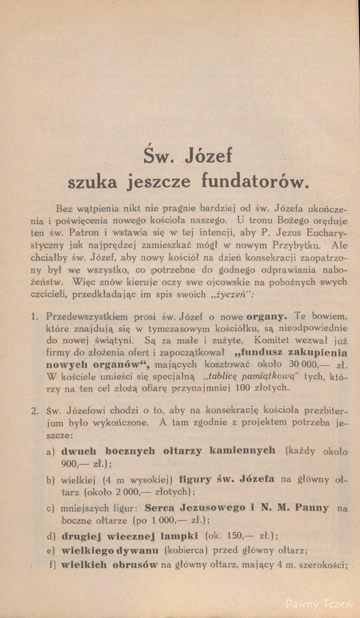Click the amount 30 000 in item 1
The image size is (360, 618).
pos(298,364)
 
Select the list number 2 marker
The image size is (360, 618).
pos(34,411)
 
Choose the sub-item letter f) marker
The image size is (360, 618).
pos(52,565)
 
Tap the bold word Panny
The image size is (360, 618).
pos(311,507)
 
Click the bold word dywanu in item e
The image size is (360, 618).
pos(137,550)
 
